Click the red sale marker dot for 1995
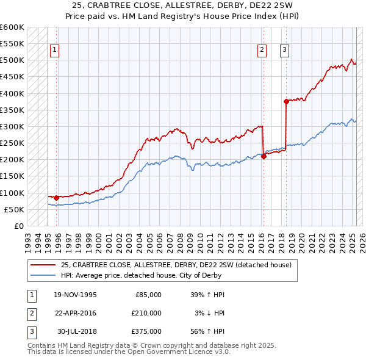(56, 198)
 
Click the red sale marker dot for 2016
(264, 156)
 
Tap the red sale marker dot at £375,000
(286, 102)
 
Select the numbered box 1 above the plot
(55, 51)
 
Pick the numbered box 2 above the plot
(262, 51)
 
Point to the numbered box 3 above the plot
(285, 51)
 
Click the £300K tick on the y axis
(13, 127)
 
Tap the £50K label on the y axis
(15, 210)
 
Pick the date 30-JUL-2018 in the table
(77, 331)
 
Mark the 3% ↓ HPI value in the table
(210, 313)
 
